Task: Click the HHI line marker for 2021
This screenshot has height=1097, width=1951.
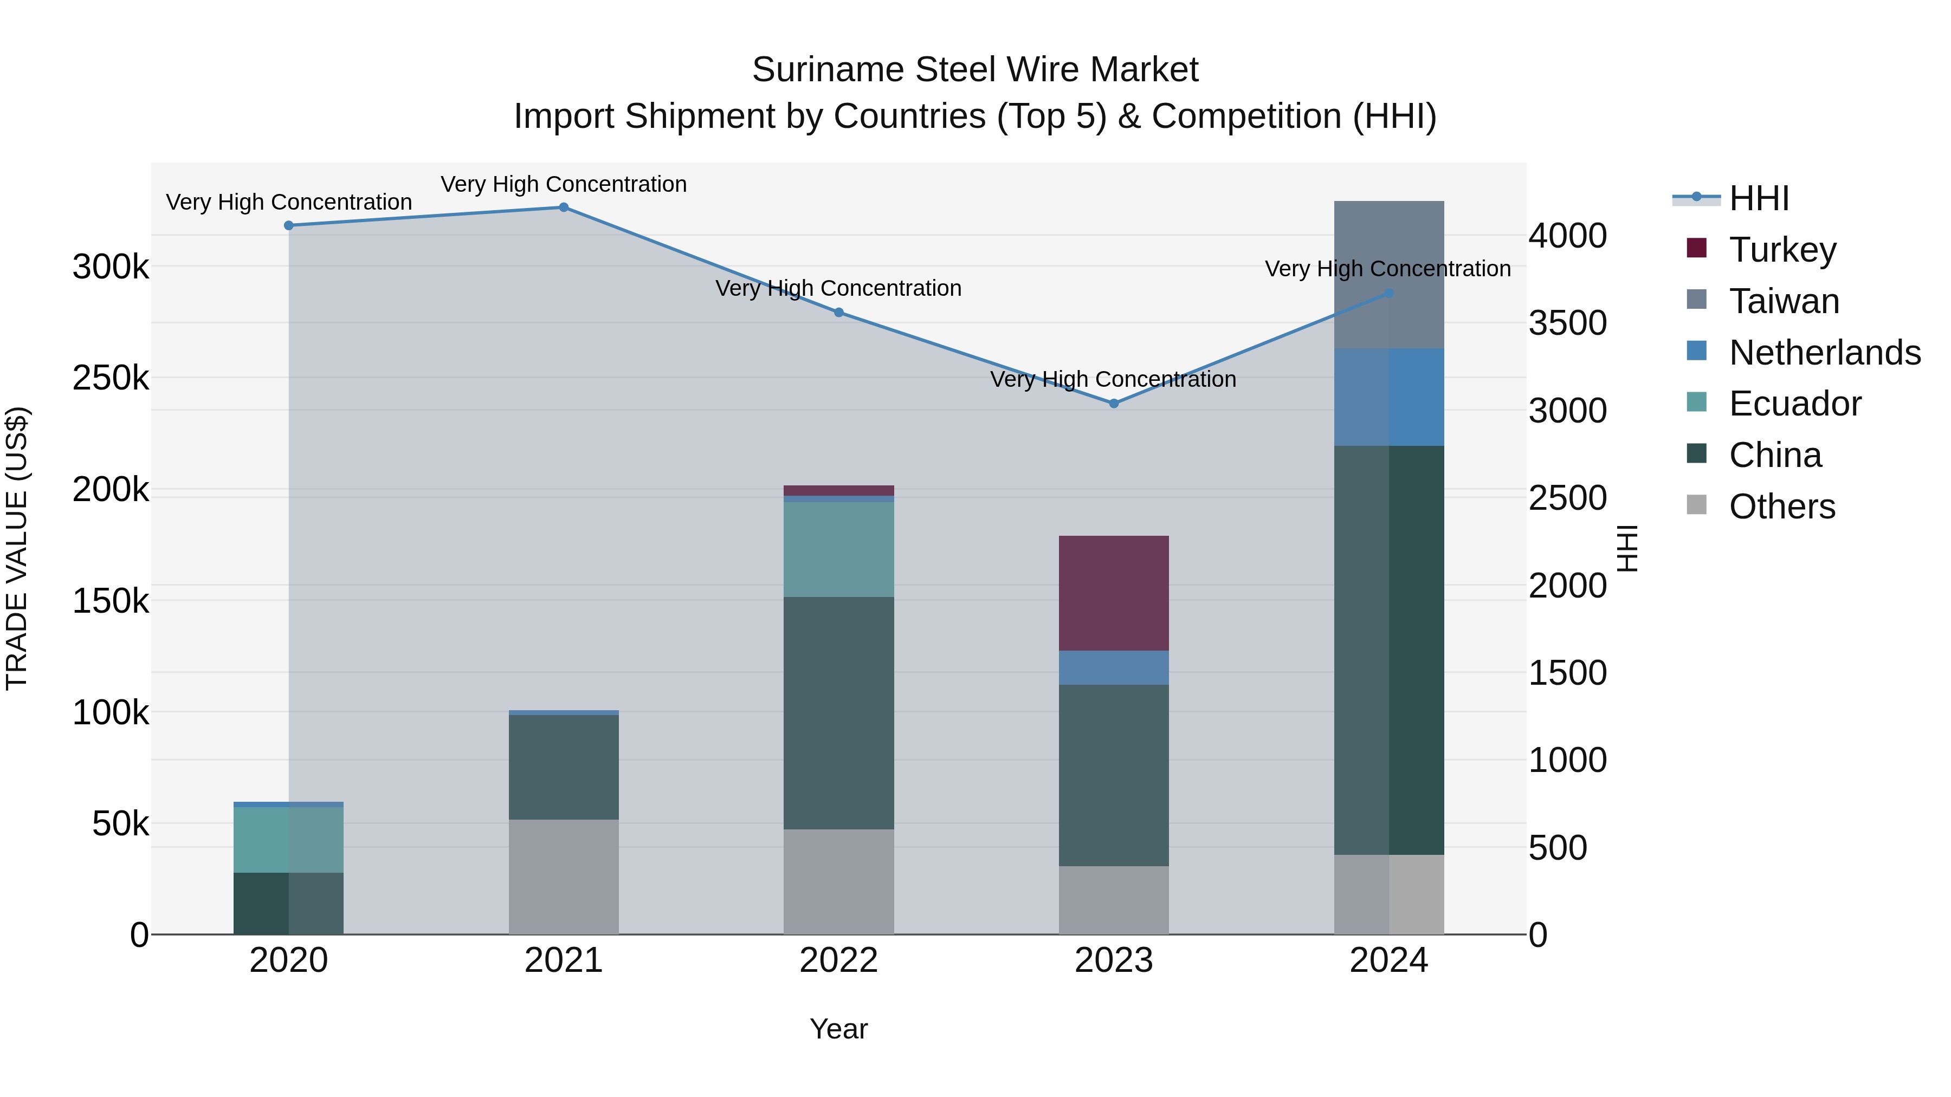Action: pyautogui.click(x=564, y=207)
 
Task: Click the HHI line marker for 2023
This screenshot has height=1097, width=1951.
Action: pyautogui.click(x=1113, y=404)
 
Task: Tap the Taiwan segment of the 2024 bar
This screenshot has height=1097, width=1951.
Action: pyautogui.click(x=1388, y=275)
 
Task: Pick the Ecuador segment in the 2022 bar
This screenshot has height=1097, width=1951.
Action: pyautogui.click(x=838, y=550)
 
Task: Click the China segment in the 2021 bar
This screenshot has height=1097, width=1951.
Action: pyautogui.click(x=564, y=767)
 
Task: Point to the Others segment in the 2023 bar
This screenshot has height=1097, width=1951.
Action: pyautogui.click(x=1113, y=900)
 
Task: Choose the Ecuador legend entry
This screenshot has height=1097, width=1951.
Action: pyautogui.click(x=1794, y=404)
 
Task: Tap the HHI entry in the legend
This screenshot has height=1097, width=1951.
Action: pyautogui.click(x=1759, y=198)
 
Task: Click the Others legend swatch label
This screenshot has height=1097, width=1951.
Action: pyautogui.click(x=1781, y=507)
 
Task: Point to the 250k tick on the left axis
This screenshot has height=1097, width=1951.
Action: pyautogui.click(x=111, y=378)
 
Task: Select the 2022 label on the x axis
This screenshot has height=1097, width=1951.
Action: pyautogui.click(x=838, y=960)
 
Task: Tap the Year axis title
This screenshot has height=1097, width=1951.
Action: pyautogui.click(x=838, y=1029)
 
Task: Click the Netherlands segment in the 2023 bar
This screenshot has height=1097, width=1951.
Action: pyautogui.click(x=1113, y=668)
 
